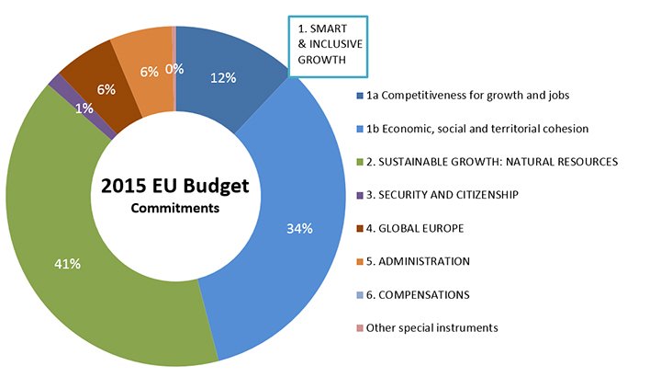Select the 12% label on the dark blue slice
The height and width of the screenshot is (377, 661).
pos(223,77)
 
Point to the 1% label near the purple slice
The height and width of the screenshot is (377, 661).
pos(84,109)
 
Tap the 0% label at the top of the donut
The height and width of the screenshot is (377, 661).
pos(175,68)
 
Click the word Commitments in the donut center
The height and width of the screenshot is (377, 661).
pos(174,208)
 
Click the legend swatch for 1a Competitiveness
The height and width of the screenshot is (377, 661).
pos(359,96)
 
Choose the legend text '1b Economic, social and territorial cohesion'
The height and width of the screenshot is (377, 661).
pos(476,129)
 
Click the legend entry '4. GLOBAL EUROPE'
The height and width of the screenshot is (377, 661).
pos(416,228)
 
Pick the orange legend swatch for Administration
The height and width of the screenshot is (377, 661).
pos(359,261)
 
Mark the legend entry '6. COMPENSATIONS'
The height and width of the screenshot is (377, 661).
pos(418,294)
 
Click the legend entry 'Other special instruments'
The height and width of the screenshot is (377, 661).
pos(432,327)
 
